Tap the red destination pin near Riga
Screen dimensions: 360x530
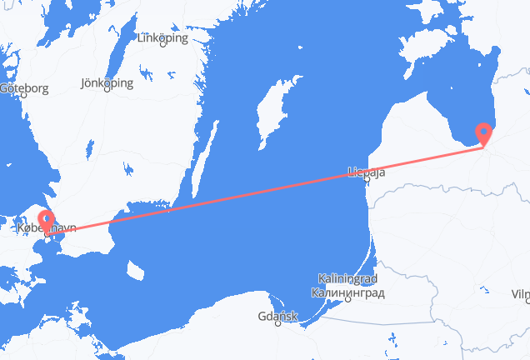[483, 133]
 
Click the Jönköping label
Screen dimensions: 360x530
[107, 83]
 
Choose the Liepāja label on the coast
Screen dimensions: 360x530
[366, 172]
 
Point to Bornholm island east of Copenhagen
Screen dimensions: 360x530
[133, 269]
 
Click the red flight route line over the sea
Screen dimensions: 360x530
[250, 190]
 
